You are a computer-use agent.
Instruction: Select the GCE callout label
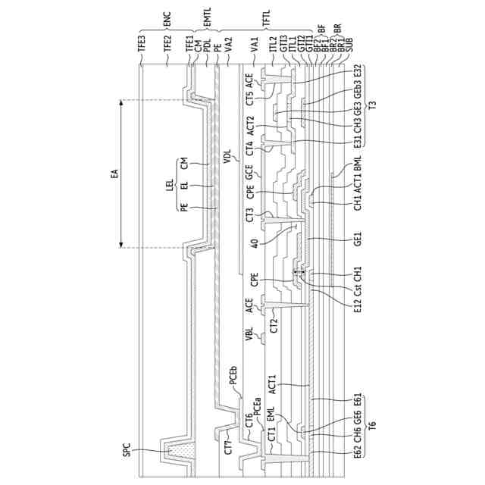250,171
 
